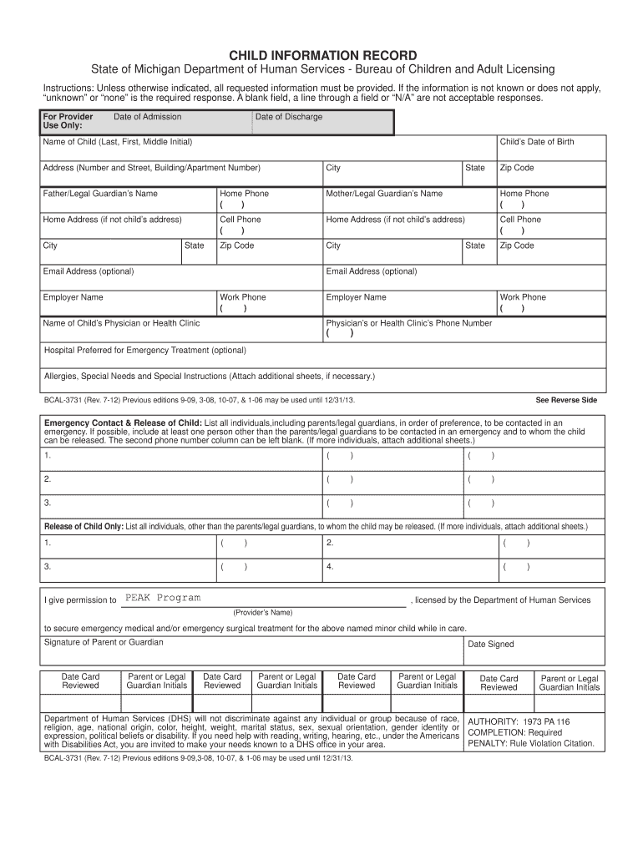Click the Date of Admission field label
147,117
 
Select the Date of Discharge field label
288,117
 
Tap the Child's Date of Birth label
536,142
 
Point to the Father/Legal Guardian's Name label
100,194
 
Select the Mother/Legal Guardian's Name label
384,194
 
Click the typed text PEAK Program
163,598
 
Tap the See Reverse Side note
566,400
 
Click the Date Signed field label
490,645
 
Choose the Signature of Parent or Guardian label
104,642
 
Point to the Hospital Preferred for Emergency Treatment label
144,350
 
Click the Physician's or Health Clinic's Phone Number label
408,323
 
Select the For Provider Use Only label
67,121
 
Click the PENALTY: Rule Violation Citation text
530,743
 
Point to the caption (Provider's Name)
263,612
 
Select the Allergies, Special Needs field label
209,376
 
